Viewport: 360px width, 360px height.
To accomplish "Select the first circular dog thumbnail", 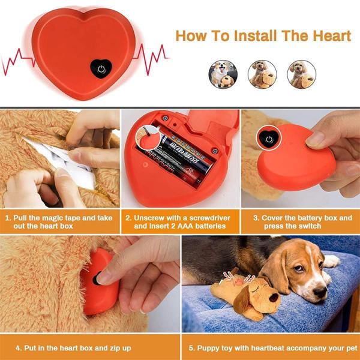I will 222,74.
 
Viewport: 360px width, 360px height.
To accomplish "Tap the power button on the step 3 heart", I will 267,139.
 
